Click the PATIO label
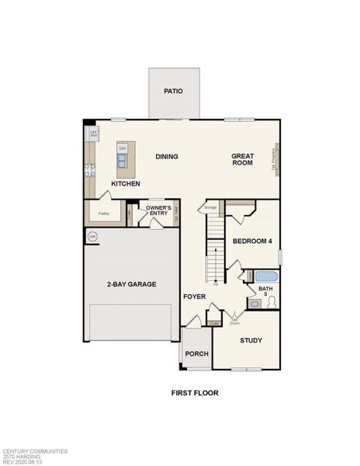tap(173, 91)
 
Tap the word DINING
tap(167, 157)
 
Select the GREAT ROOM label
tap(243, 160)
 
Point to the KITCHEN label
tap(126, 184)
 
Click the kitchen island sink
tap(123, 161)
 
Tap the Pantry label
tap(103, 213)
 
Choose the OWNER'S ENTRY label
tap(157, 211)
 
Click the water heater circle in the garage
tap(92, 236)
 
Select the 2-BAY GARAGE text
tap(131, 284)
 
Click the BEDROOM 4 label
tap(252, 242)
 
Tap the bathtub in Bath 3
tap(265, 276)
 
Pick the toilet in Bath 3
tap(272, 304)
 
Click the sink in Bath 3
tap(254, 304)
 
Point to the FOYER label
tap(194, 297)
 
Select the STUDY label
tap(251, 340)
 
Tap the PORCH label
tap(196, 353)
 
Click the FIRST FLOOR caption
tap(195, 393)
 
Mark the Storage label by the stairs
tap(210, 207)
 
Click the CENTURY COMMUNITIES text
tap(35, 450)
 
